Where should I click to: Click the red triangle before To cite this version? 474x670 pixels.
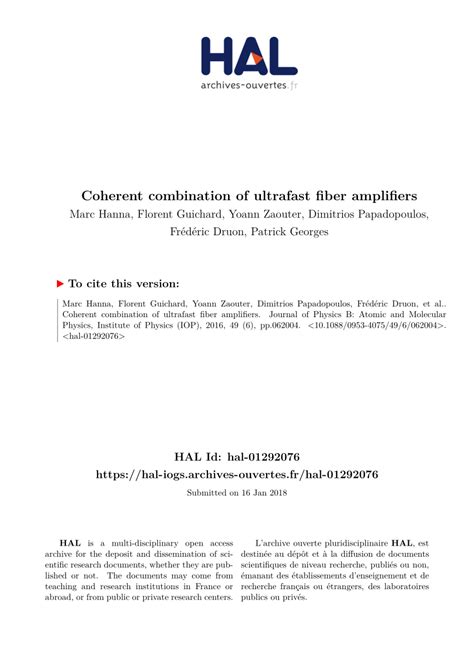(60, 285)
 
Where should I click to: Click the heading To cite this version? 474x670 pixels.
(129, 285)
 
